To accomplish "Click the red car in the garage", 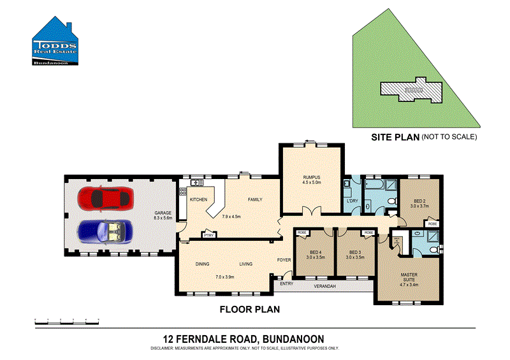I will point(105,198).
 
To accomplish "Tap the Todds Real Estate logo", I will point(55,42).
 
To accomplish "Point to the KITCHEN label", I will point(198,200).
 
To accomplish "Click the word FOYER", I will point(284,260).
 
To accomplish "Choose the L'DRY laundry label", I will point(353,201).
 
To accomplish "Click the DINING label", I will point(203,263).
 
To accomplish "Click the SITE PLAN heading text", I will point(395,136).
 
